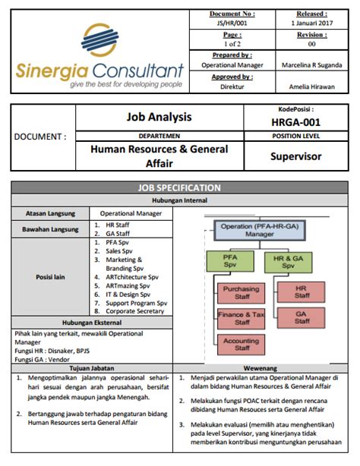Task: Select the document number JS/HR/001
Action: (232, 24)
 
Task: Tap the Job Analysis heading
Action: (159, 118)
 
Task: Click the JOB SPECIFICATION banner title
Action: (179, 187)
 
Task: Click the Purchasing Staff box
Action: (242, 293)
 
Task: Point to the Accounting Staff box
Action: (242, 345)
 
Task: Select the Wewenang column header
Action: (266, 367)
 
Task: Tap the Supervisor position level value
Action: (296, 156)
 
